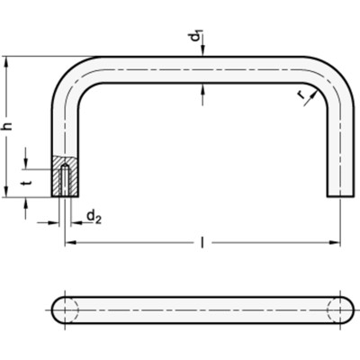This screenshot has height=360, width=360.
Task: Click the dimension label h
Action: [x=9, y=127]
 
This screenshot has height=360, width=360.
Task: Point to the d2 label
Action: [x=94, y=215]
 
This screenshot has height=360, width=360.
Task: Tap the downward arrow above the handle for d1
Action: [x=205, y=53]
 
